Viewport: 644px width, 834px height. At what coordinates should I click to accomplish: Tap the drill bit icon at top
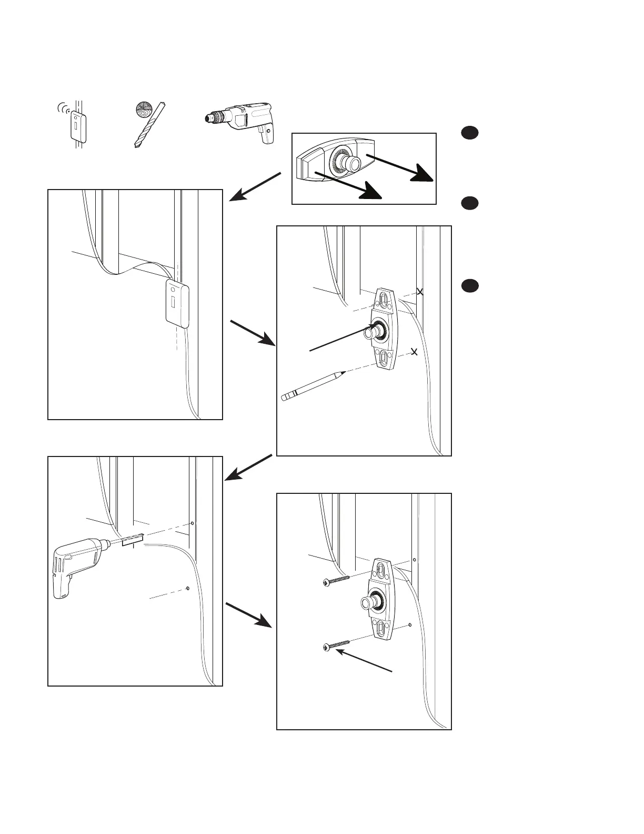[x=147, y=124]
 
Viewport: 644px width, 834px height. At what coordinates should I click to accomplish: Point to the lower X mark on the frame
[x=414, y=351]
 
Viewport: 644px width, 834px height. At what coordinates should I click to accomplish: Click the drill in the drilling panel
[x=79, y=566]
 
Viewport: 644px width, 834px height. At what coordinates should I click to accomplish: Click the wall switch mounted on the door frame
[x=177, y=303]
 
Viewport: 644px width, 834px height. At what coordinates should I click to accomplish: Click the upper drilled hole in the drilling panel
[x=192, y=523]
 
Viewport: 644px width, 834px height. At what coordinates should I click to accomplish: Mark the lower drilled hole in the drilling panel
[x=188, y=588]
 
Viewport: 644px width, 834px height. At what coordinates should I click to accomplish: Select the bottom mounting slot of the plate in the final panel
[x=384, y=627]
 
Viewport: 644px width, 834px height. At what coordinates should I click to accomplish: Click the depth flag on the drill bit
[x=133, y=540]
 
